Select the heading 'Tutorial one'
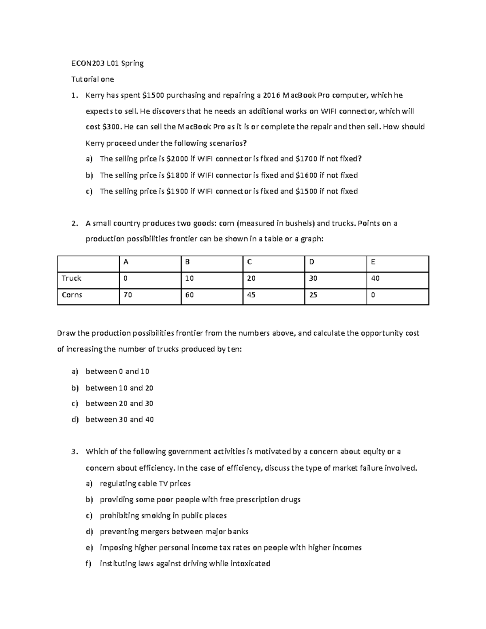tap(93, 79)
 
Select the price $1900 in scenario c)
tap(177, 192)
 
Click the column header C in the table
tap(249, 262)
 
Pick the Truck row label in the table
tap(71, 278)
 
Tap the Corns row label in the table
tap(72, 295)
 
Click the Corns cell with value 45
tap(251, 295)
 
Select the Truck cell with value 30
tap(313, 278)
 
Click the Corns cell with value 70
tap(128, 295)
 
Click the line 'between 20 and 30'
tap(119, 404)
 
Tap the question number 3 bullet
tap(74, 452)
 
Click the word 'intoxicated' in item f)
tap(250, 564)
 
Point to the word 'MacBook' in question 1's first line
tap(300, 96)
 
